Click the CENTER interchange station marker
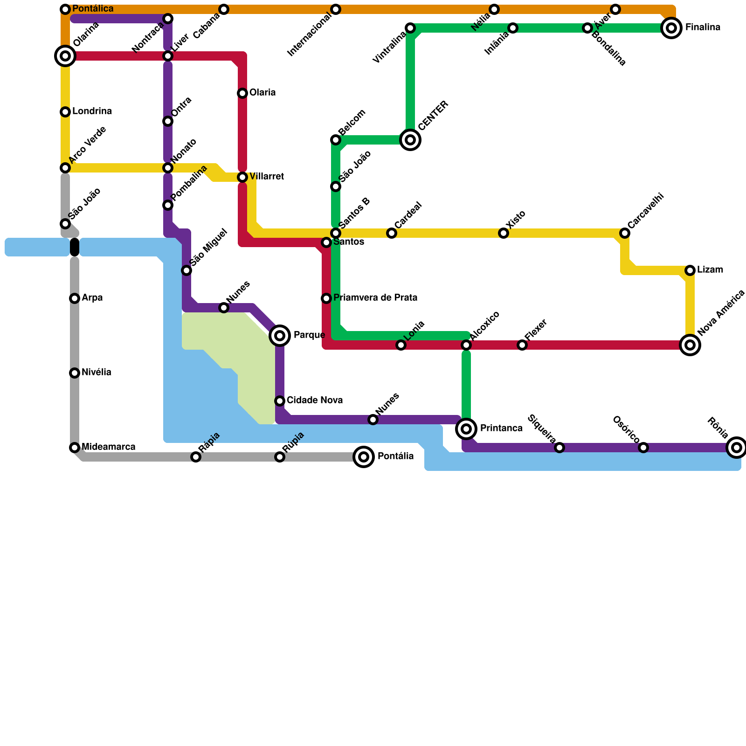point(410,140)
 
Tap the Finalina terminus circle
point(671,28)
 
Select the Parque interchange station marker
point(280,336)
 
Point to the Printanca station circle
point(466,429)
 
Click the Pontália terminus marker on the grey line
point(364,457)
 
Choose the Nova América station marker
point(690,345)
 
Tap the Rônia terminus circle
point(737,448)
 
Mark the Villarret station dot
point(242,177)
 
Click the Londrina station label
point(92,111)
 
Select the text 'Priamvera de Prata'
point(375,298)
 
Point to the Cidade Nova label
point(315,401)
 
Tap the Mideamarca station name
point(109,447)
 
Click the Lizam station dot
point(690,270)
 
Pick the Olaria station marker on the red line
point(242,93)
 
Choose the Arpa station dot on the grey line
point(75,298)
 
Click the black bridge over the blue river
point(75,247)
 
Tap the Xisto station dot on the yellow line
point(504,233)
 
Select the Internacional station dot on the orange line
point(336,9)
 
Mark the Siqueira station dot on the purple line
point(559,448)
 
